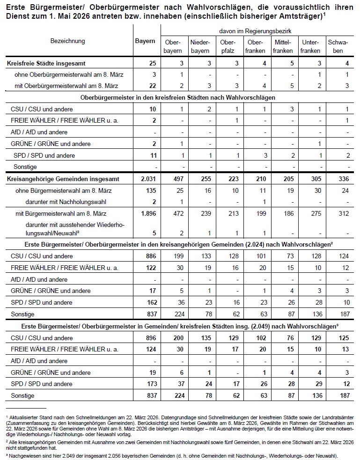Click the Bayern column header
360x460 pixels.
[145, 41]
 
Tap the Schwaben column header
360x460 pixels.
[338, 46]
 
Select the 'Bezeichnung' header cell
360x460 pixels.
[68, 41]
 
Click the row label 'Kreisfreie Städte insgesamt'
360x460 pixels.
[46, 63]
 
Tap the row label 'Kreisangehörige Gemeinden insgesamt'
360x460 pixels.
[63, 179]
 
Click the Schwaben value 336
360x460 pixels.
[338, 179]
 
